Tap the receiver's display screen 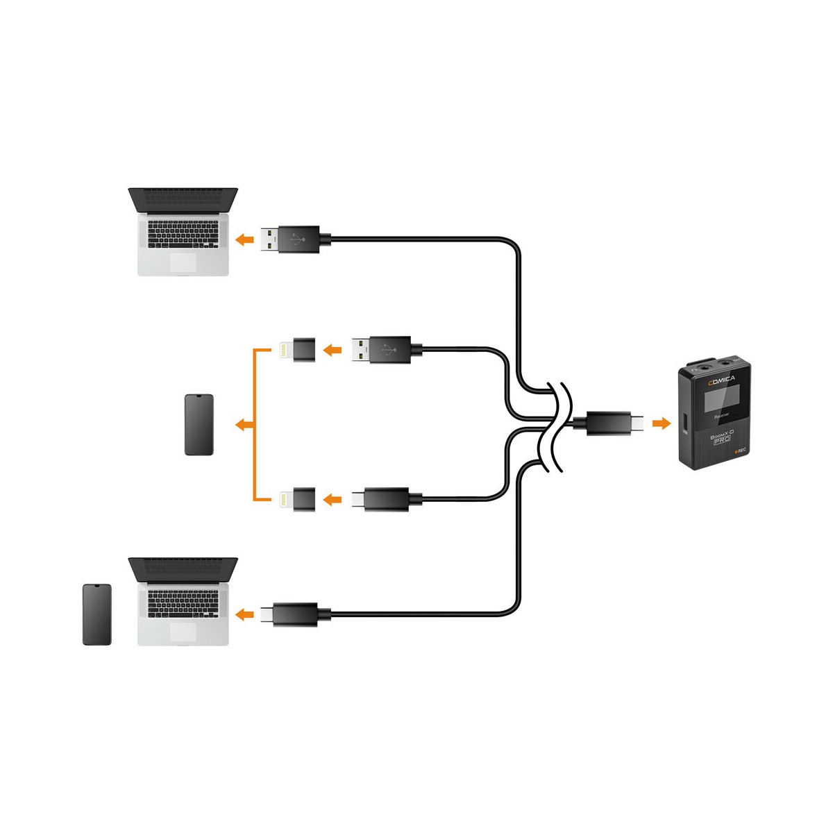(718, 401)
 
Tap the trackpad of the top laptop (183, 262)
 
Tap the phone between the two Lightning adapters (199, 425)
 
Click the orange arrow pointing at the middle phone (243, 425)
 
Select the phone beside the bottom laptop (96, 614)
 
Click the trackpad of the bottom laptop (183, 632)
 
